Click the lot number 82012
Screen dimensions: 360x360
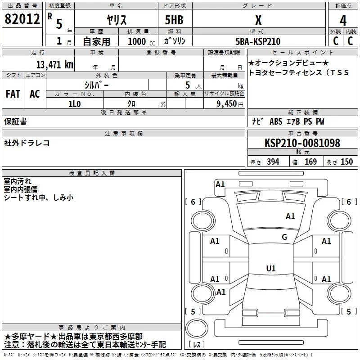point(22,20)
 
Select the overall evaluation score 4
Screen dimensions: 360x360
point(343,21)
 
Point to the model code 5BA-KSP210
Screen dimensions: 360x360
point(258,41)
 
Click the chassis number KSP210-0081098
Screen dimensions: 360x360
point(302,143)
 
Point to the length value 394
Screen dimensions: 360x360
point(272,162)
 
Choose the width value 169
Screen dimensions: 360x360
point(310,162)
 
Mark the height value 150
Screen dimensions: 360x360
point(346,162)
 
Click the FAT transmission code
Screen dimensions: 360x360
point(13,94)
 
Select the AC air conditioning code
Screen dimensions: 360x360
point(35,94)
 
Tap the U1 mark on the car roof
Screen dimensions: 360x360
point(270,269)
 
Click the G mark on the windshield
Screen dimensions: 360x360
point(284,237)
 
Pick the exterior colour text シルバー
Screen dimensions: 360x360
point(96,85)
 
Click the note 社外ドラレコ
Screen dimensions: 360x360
point(27,143)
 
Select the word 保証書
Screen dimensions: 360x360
point(15,121)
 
